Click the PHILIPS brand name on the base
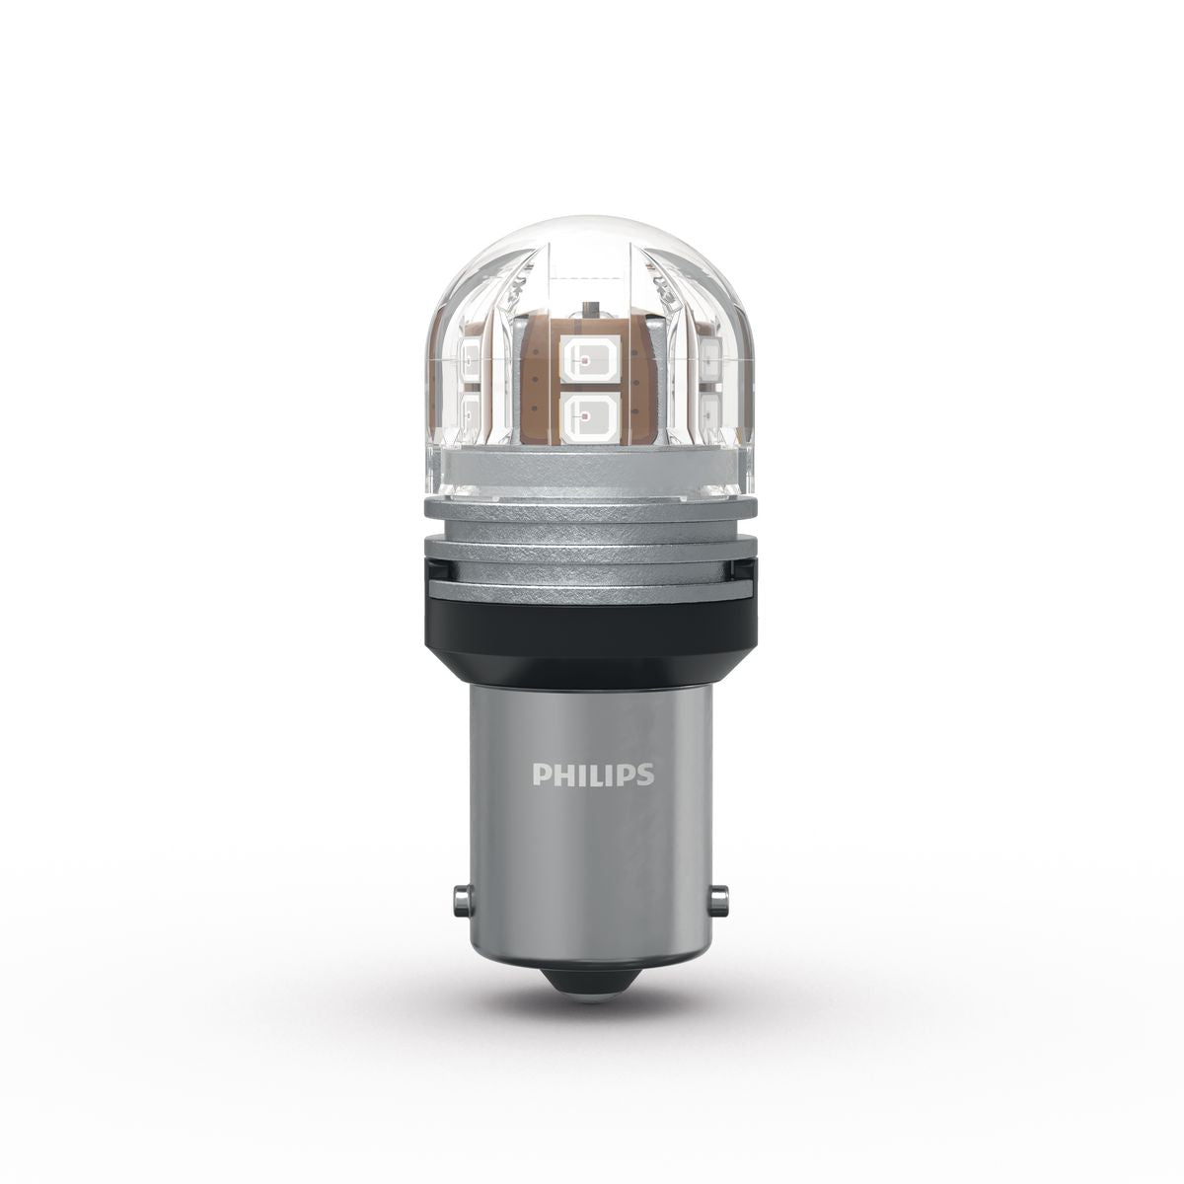(x=592, y=775)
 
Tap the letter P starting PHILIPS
(x=539, y=775)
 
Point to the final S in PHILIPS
(x=645, y=775)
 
